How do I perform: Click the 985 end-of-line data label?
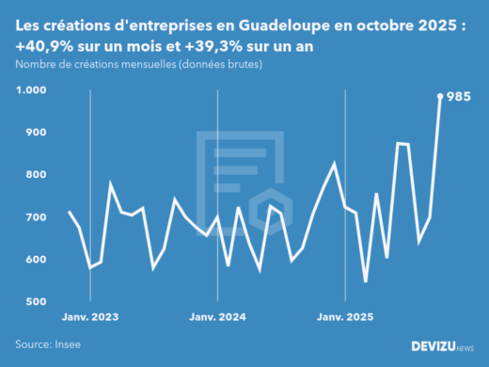click(458, 97)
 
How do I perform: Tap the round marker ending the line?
click(440, 96)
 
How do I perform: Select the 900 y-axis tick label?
click(35, 133)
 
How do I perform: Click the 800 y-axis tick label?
click(35, 175)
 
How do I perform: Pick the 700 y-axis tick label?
click(35, 217)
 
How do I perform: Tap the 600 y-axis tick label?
click(35, 260)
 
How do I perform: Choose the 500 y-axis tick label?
click(35, 302)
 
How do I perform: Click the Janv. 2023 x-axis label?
click(91, 318)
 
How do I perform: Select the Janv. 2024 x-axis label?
click(218, 318)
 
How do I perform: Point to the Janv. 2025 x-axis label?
click(345, 318)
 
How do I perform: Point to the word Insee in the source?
click(67, 344)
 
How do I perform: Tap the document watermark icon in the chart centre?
click(240, 179)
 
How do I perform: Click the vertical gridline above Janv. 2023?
click(90, 188)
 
